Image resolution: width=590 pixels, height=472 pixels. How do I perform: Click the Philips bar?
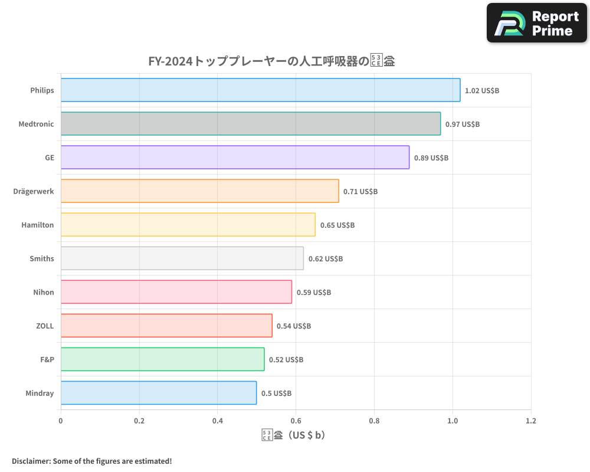(x=260, y=90)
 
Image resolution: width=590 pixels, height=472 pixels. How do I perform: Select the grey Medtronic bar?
(x=250, y=124)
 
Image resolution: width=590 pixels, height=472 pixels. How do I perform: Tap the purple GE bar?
(x=235, y=158)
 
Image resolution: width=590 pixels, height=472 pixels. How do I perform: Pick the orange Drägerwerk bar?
(x=199, y=191)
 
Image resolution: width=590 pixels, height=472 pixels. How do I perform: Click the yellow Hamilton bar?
(x=188, y=225)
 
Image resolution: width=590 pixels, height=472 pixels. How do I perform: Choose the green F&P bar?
(x=162, y=359)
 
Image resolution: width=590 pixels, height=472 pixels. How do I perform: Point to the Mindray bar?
(x=158, y=393)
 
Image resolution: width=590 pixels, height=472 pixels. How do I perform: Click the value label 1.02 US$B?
(x=482, y=91)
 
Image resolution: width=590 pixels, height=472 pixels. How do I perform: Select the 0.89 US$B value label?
(x=431, y=158)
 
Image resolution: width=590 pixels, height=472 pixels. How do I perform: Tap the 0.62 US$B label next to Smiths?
(x=325, y=259)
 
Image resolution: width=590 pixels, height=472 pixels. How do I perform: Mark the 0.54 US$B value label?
(x=294, y=326)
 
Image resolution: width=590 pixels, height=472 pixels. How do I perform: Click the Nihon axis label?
(x=44, y=292)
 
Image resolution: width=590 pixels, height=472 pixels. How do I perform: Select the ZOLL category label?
(x=45, y=326)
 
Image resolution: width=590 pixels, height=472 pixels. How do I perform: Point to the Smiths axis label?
(x=41, y=258)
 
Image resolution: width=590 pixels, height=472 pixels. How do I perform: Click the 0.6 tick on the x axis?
(x=296, y=421)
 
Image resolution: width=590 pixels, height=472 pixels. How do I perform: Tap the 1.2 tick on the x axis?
(x=530, y=421)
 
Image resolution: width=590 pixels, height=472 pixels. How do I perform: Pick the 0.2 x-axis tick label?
(x=139, y=421)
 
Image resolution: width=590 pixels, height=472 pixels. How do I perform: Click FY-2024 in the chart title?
(x=170, y=61)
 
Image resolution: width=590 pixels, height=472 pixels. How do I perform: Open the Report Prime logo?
(x=537, y=23)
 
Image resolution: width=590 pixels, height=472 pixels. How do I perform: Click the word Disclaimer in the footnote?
(x=31, y=461)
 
